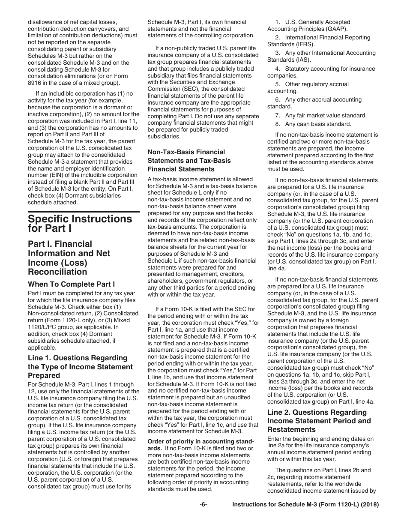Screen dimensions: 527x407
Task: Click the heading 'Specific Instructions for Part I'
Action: [x=80, y=223]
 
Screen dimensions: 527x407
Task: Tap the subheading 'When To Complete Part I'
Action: [x=71, y=284]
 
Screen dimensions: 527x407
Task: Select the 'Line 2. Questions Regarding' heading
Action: [x=317, y=412]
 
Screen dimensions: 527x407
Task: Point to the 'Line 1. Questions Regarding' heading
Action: [x=78, y=358]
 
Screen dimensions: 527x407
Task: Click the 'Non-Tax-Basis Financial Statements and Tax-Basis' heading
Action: [x=189, y=160]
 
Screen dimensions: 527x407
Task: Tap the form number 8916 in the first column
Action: [x=36, y=83]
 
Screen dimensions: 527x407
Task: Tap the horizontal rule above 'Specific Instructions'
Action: [x=84, y=212]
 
